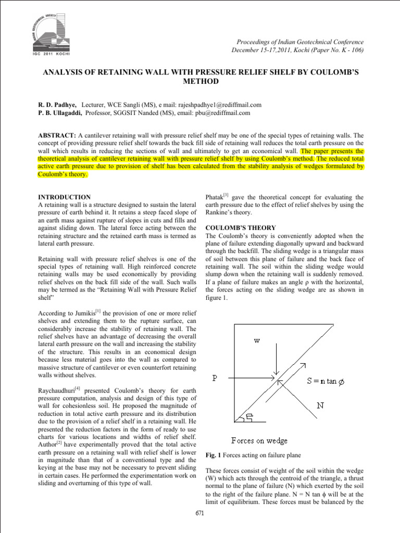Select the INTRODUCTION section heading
[x=65, y=197]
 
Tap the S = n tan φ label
[x=330, y=382]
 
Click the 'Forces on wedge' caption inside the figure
[x=259, y=441]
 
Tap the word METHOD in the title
[x=199, y=82]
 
